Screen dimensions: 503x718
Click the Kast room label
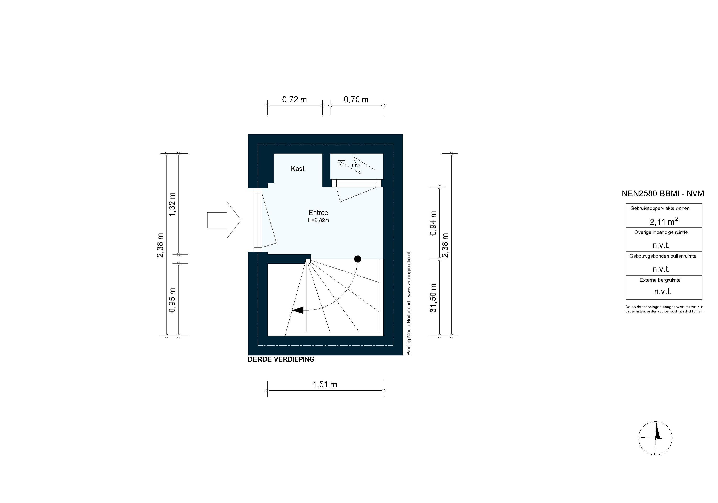coord(297,169)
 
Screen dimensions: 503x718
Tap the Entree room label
coord(318,213)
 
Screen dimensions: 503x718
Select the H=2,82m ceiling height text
coord(318,220)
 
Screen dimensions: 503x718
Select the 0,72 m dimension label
coord(294,99)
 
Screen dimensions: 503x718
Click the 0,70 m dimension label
coord(356,99)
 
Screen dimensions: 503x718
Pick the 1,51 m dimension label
coord(325,384)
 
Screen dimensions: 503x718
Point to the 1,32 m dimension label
coord(172,204)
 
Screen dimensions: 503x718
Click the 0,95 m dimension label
coord(172,300)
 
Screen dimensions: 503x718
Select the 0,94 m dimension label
coord(433,223)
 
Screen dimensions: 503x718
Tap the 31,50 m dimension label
coord(433,298)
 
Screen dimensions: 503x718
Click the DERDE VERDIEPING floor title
coord(281,359)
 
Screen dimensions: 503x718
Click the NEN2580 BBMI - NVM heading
coord(663,194)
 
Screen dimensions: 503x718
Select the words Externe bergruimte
coord(660,280)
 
